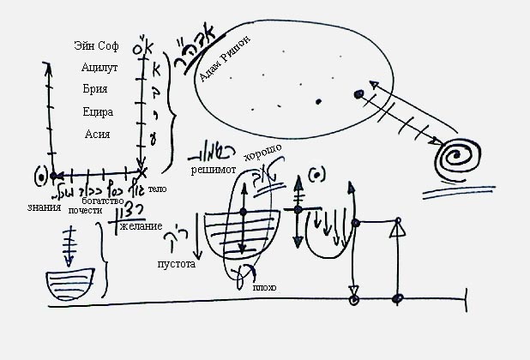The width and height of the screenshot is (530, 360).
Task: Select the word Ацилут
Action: (96, 69)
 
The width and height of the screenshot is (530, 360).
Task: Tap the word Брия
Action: (96, 90)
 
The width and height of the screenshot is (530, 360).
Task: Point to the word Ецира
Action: (96, 112)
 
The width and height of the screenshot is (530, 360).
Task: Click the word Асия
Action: (96, 134)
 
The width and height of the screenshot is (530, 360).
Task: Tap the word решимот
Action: (214, 170)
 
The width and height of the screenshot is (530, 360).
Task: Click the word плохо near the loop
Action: (263, 288)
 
